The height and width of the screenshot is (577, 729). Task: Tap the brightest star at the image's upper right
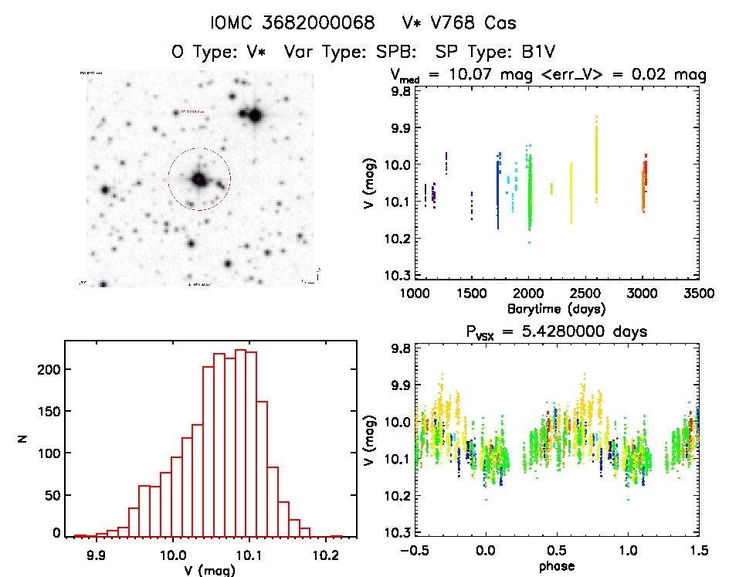click(x=255, y=116)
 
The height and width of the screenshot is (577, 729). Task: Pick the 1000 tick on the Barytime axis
click(x=415, y=294)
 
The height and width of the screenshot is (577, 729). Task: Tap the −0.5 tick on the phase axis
click(x=415, y=551)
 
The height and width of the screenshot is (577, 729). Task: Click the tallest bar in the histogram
click(x=240, y=440)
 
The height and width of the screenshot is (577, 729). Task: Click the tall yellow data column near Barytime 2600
click(x=596, y=158)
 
